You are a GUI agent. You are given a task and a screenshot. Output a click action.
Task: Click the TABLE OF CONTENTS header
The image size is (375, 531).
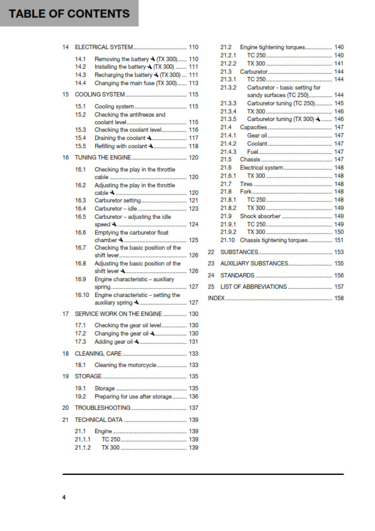[69, 13]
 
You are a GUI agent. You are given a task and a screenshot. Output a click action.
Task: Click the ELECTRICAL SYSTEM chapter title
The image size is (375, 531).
[104, 47]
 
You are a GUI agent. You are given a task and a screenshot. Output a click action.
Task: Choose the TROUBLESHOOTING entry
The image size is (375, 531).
[103, 408]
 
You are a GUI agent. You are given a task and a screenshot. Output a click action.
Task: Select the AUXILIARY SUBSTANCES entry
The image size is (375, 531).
[254, 263]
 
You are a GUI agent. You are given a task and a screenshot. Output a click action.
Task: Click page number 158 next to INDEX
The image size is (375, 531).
[338, 298]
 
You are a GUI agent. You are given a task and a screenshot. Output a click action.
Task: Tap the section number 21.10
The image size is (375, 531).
[228, 240]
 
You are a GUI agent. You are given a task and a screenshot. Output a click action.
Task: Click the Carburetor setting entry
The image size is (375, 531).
[118, 200]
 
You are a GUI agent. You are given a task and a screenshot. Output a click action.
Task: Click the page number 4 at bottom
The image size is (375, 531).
[64, 498]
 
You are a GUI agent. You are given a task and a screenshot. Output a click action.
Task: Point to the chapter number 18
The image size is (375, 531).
[66, 354]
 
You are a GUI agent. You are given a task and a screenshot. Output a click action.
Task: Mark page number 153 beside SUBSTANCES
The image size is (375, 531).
[338, 252]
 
